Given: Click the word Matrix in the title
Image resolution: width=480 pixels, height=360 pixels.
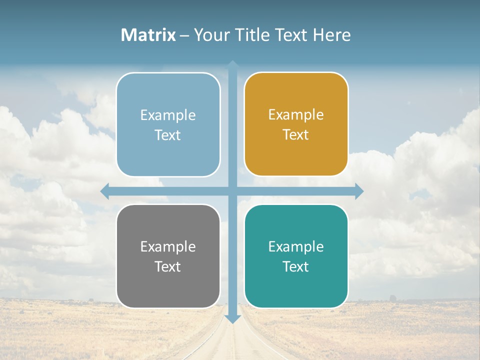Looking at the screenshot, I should [148, 35].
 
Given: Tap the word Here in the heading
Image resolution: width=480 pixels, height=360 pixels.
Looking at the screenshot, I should [331, 35].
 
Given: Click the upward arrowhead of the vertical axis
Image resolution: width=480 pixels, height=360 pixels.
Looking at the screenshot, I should [232, 64].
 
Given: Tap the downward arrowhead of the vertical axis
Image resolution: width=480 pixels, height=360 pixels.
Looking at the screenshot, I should [232, 319].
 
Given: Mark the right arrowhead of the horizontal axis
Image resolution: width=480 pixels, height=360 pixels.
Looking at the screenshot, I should [359, 191].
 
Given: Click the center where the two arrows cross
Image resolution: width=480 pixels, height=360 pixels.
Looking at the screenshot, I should [232, 191].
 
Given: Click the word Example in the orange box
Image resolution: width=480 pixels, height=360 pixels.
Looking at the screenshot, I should [296, 115].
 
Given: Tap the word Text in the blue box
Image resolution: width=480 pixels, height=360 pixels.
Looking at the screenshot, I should [168, 135].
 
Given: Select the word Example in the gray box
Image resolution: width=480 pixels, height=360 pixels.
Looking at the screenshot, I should [168, 246].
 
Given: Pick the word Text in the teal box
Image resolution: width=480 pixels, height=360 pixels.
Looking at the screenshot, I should [296, 267].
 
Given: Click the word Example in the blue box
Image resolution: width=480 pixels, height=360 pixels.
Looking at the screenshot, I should [168, 115].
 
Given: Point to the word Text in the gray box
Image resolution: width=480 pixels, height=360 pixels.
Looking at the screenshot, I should [168, 267].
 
